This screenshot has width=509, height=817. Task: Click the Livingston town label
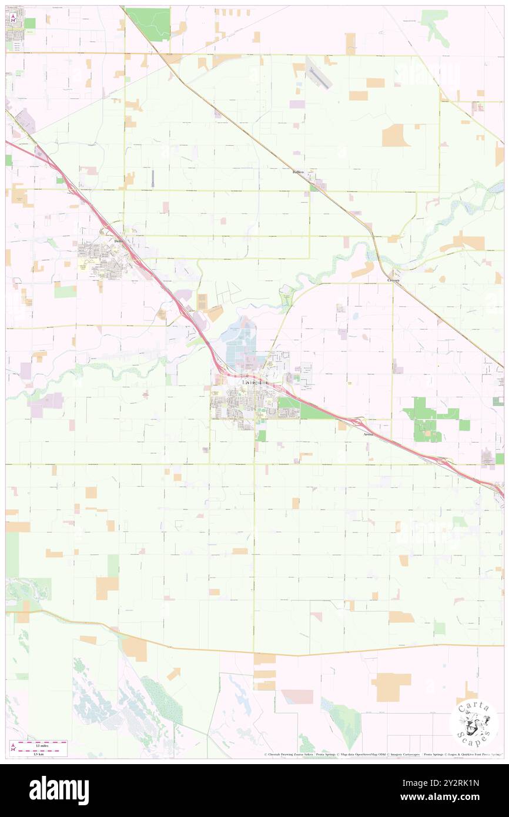(254, 383)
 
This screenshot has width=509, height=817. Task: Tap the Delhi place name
(119, 241)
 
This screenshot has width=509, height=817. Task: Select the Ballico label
(300, 172)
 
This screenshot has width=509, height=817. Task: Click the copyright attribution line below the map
(382, 754)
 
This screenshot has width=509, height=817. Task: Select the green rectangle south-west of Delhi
(65, 290)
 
